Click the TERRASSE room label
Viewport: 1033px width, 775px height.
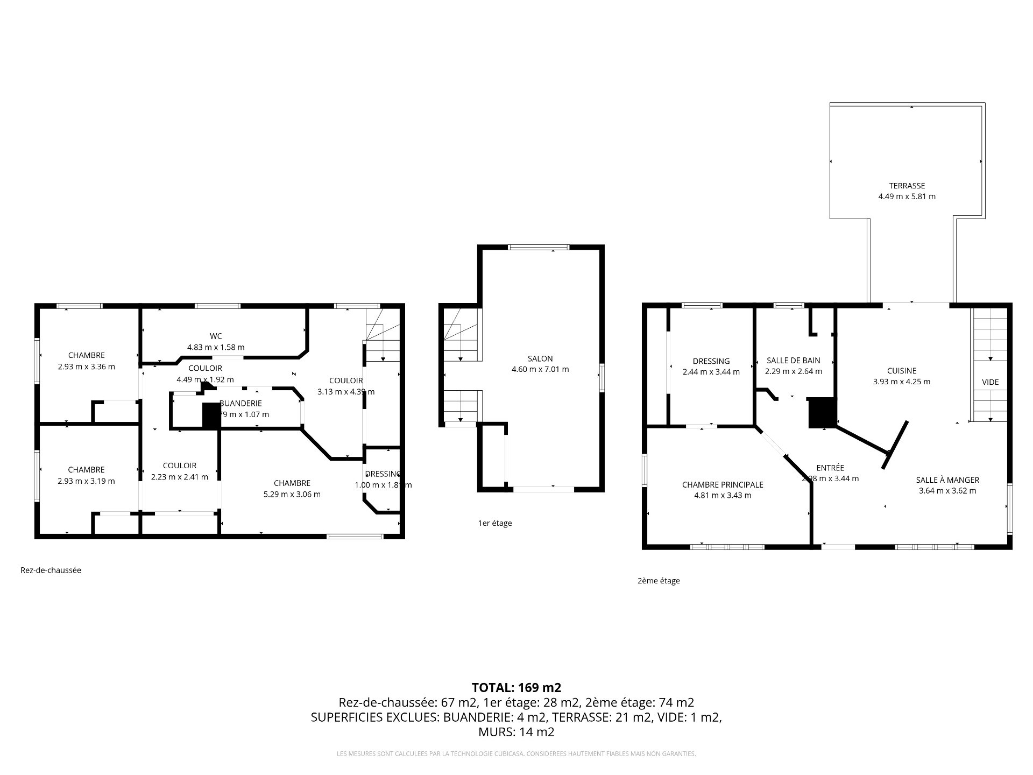[x=907, y=186]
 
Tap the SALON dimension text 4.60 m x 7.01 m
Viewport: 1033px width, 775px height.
[x=540, y=369]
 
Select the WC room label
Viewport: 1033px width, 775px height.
[x=216, y=336]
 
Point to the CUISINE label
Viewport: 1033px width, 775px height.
[x=901, y=371]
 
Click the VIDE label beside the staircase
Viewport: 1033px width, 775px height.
[x=990, y=382]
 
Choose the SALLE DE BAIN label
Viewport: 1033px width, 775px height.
[x=793, y=361]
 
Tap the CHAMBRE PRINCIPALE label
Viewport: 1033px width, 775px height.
[x=722, y=484]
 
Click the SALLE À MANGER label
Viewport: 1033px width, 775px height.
[x=947, y=480]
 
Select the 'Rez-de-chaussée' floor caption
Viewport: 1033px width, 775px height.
[x=51, y=570]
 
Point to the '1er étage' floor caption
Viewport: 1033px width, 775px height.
[x=494, y=523]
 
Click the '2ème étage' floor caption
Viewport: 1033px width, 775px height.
[x=658, y=581]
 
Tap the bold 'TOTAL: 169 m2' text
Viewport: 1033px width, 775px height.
[x=516, y=687]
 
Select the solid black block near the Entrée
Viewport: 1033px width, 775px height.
[x=822, y=412]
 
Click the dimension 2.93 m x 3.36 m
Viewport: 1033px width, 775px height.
[x=86, y=367]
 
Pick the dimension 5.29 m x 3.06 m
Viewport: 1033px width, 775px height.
[x=292, y=494]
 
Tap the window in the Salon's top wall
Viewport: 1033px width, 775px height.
[x=539, y=248]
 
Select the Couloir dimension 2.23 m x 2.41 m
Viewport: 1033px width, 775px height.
[x=179, y=477]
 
